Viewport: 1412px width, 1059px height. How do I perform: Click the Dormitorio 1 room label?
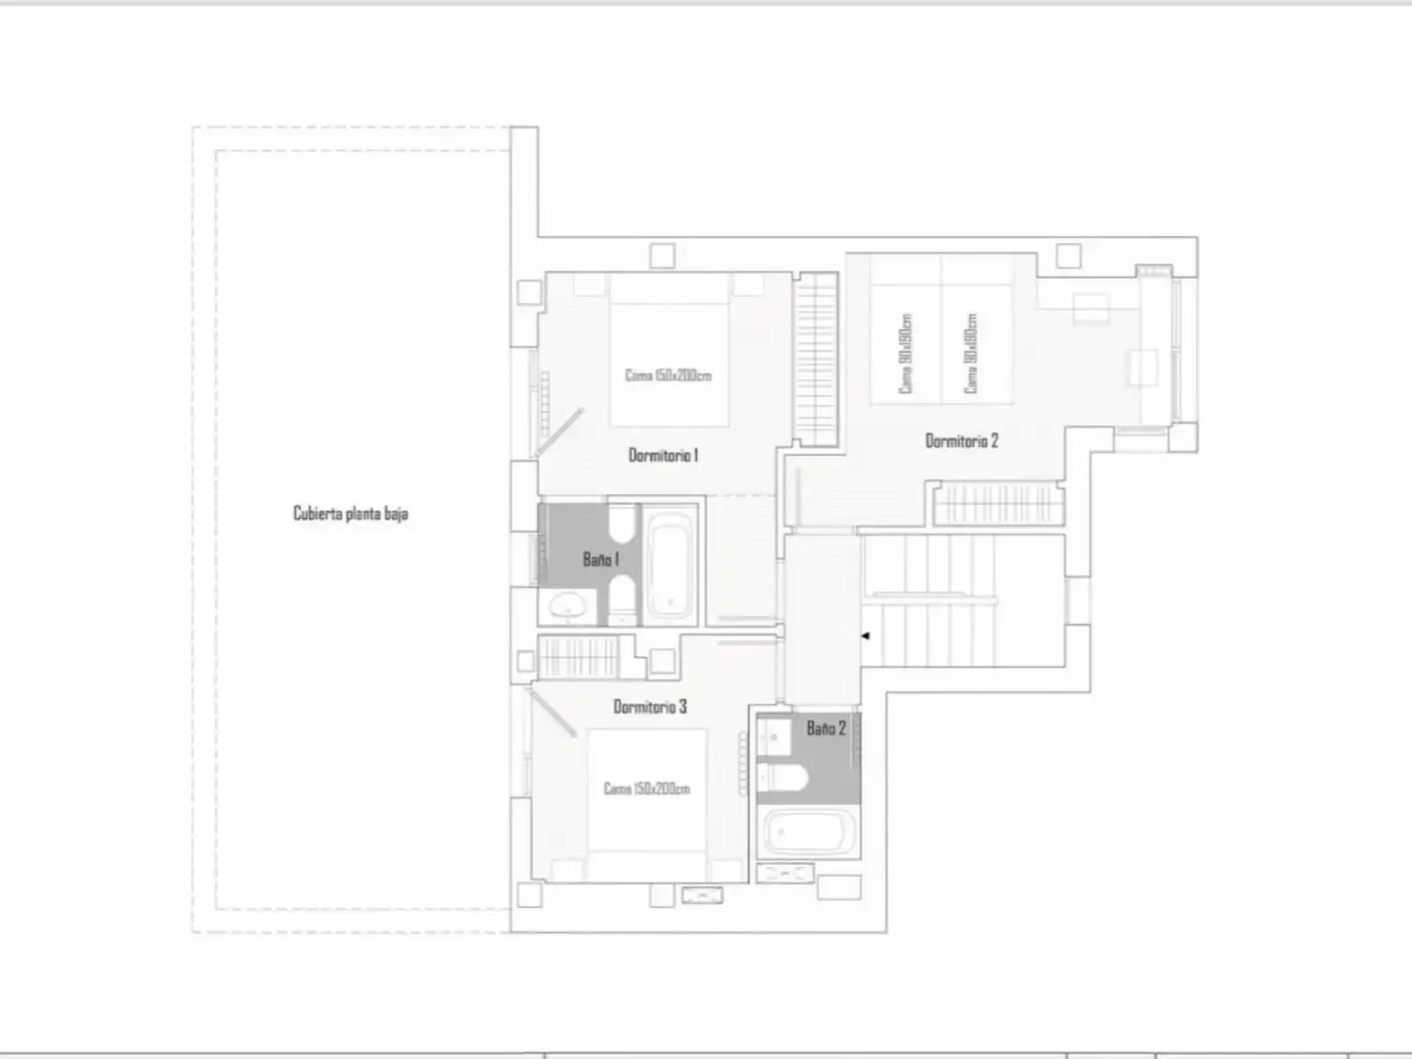click(x=663, y=455)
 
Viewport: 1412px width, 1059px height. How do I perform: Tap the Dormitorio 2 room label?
click(x=962, y=441)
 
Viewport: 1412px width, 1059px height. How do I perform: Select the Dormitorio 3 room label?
click(x=650, y=707)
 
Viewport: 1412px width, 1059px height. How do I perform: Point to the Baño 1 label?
click(x=601, y=559)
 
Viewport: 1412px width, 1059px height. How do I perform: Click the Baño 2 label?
click(x=826, y=729)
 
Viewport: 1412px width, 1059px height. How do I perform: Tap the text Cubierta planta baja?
click(x=351, y=513)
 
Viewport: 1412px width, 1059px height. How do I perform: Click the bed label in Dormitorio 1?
click(x=669, y=376)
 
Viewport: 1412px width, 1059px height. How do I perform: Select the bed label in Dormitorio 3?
click(x=646, y=788)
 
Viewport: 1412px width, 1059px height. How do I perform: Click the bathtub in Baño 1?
click(x=670, y=566)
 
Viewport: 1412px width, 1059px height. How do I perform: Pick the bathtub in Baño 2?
click(x=808, y=832)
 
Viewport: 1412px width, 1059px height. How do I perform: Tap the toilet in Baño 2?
click(x=782, y=778)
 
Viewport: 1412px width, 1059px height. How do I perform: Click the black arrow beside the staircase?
click(x=866, y=636)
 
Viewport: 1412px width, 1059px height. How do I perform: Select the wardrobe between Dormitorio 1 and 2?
click(x=816, y=360)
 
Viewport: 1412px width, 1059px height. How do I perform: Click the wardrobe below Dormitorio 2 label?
click(x=998, y=505)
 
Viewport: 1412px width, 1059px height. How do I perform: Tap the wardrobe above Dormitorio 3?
click(x=579, y=657)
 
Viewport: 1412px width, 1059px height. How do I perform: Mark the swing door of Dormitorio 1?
click(x=559, y=432)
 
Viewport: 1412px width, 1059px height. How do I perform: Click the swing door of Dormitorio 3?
click(x=552, y=713)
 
